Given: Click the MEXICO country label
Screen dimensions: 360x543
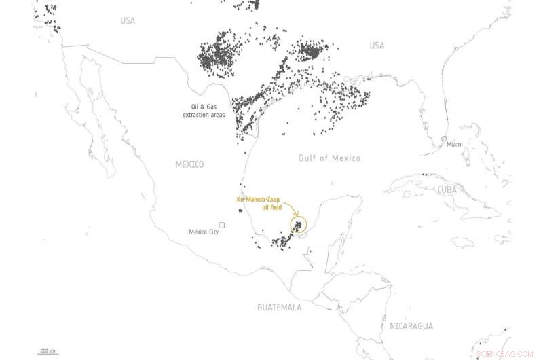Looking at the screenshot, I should tap(189, 164).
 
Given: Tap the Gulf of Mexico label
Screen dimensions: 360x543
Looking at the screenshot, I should tap(329, 158).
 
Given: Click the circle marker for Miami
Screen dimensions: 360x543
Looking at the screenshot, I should tap(444, 139).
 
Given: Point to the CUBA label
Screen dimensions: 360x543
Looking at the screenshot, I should tap(447, 190).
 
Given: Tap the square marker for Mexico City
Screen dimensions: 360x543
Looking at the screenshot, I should tap(221, 225).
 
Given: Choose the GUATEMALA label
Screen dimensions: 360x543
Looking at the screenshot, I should tap(279, 308).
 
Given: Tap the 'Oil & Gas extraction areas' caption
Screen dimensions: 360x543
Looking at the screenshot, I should tap(204, 111).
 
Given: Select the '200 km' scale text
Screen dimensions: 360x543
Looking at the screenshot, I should tap(48, 350).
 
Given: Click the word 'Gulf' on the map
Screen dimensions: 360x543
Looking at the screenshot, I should tap(308, 158).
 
